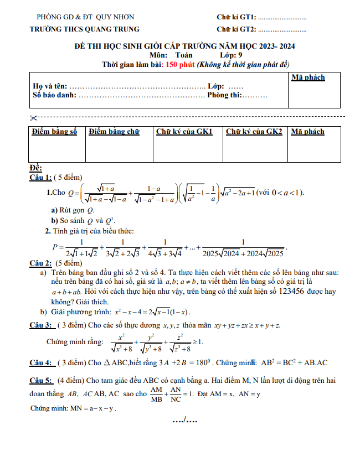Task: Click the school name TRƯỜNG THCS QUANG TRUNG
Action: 84,29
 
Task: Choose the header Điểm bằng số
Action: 54,132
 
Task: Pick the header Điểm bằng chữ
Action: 114,132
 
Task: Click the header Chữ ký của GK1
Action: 184,132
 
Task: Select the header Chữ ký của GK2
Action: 254,132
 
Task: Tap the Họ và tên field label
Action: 50,87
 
